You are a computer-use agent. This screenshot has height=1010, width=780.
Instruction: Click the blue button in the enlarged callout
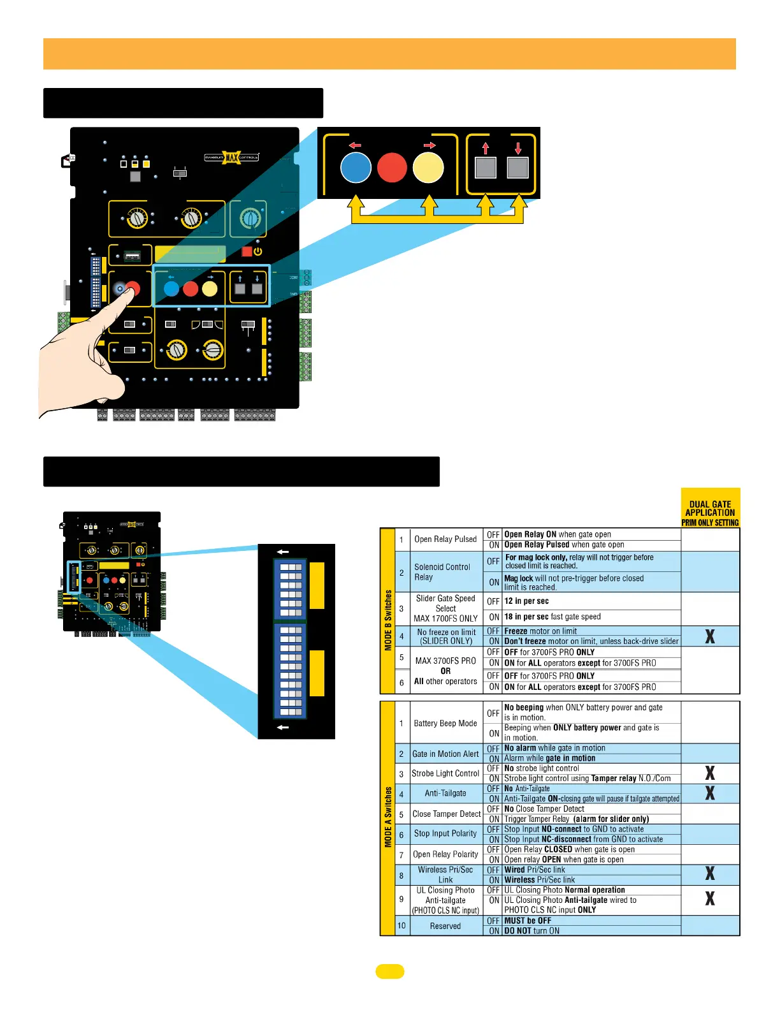pyautogui.click(x=356, y=168)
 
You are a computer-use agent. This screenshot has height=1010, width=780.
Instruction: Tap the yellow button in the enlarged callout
pyautogui.click(x=428, y=168)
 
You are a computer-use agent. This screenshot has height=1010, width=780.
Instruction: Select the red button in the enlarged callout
pyautogui.click(x=392, y=168)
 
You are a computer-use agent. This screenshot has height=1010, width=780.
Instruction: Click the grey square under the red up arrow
pyautogui.click(x=486, y=168)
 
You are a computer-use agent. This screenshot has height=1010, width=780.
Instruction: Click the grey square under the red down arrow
pyautogui.click(x=517, y=168)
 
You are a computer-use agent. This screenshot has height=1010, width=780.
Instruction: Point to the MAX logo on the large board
pyautogui.click(x=231, y=157)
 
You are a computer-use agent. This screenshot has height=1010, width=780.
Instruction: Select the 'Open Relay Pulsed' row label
pyautogui.click(x=445, y=539)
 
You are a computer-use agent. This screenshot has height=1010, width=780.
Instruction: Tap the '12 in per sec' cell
pyautogui.click(x=526, y=601)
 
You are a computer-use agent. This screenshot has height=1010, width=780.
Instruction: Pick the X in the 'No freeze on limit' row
pyautogui.click(x=710, y=636)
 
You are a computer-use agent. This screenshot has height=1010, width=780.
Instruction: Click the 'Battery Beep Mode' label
pyautogui.click(x=445, y=723)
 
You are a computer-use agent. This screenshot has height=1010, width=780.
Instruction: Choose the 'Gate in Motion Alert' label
pyautogui.click(x=445, y=754)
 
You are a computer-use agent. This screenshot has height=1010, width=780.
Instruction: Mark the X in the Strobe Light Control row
pyautogui.click(x=710, y=773)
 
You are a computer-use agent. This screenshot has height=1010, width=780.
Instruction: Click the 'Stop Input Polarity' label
pyautogui.click(x=445, y=833)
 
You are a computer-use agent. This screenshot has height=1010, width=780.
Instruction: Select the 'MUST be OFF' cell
pyautogui.click(x=528, y=921)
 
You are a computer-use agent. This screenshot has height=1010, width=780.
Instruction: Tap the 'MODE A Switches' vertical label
pyautogui.click(x=387, y=817)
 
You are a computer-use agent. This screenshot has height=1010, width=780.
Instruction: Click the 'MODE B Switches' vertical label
pyautogui.click(x=387, y=620)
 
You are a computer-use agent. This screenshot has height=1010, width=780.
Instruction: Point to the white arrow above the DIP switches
pyautogui.click(x=283, y=552)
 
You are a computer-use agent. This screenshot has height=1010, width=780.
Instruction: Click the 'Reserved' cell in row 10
pyautogui.click(x=445, y=926)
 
